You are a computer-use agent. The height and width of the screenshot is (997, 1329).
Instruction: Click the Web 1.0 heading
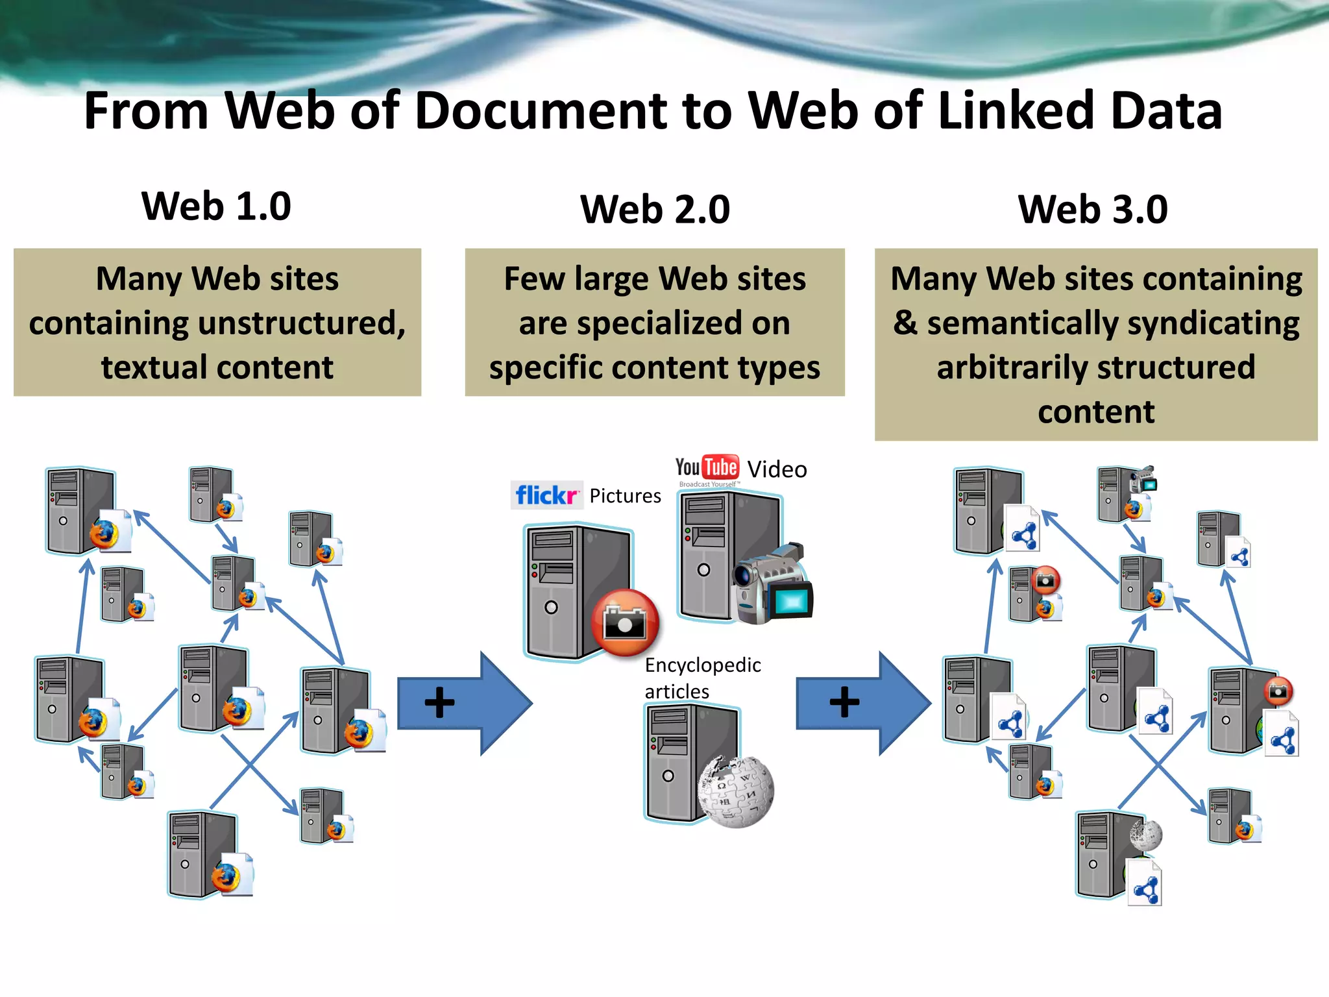[x=216, y=206]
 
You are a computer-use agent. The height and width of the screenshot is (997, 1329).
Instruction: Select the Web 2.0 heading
[x=655, y=210]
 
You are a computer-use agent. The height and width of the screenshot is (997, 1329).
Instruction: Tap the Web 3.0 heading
[x=1093, y=210]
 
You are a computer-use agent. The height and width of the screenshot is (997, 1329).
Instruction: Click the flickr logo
[x=546, y=495]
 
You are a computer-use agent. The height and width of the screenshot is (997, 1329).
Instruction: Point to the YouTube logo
[x=707, y=468]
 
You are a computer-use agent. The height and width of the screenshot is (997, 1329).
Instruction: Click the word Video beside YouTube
[x=777, y=469]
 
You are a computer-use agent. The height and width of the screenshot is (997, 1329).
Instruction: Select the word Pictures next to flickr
[x=625, y=496]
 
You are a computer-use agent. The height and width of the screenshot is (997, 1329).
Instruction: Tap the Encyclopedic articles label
[x=702, y=678]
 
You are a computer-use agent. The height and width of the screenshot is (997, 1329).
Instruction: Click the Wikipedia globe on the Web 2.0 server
[x=736, y=792]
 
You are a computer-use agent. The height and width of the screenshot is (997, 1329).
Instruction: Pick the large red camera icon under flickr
[x=624, y=622]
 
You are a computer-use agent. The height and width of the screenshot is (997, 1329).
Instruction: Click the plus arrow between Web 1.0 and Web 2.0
[x=464, y=703]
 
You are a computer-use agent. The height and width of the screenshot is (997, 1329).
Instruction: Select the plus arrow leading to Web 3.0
[x=863, y=703]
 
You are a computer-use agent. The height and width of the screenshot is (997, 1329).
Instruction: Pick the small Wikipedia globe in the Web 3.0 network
[x=1145, y=835]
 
